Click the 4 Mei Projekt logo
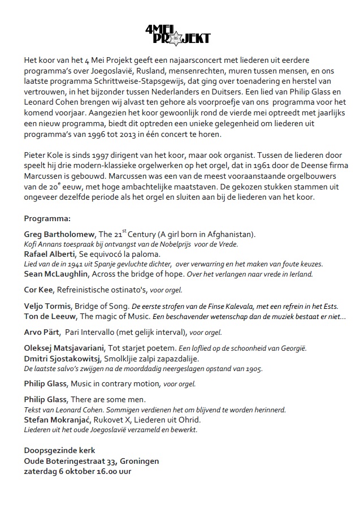[177, 35]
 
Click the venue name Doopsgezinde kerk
[60, 450]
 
